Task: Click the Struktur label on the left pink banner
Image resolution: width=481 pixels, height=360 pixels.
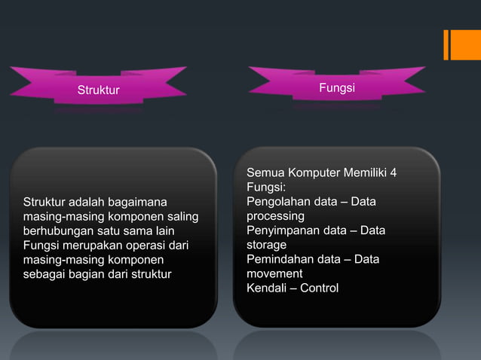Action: click(x=99, y=91)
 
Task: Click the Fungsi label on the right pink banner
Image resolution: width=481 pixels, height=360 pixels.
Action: click(x=337, y=89)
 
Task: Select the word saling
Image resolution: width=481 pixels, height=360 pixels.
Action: click(x=182, y=216)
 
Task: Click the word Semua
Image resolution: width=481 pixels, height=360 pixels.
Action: click(x=264, y=173)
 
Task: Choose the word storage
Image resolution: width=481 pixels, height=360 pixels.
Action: click(x=266, y=245)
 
